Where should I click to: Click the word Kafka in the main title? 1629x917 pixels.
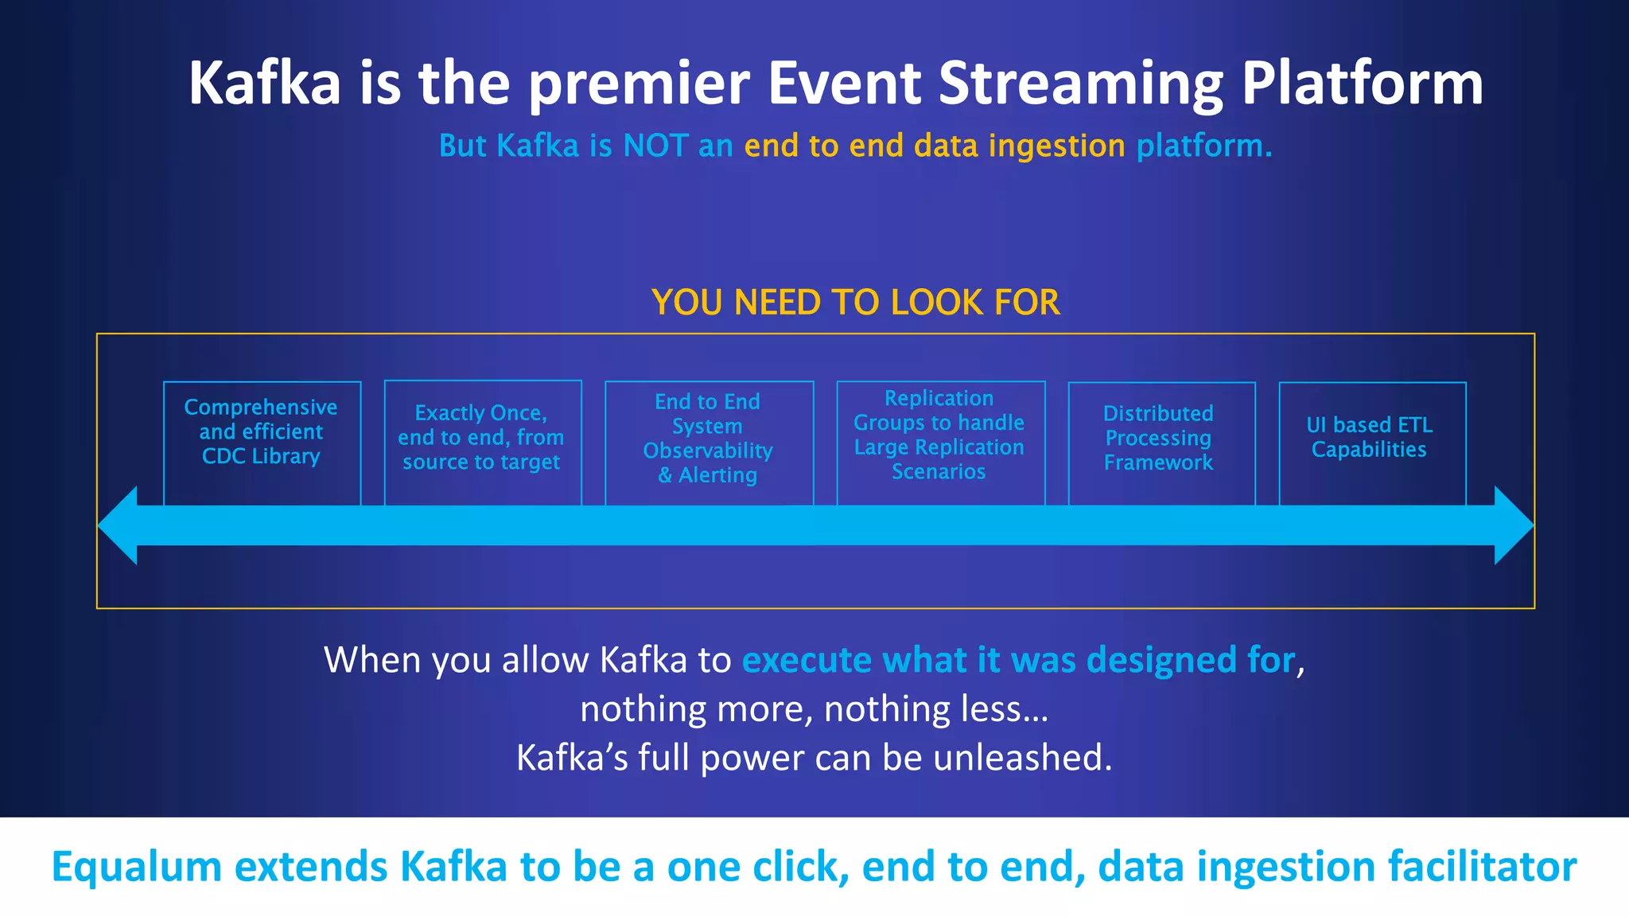[x=265, y=83]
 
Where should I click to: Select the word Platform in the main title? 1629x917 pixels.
[x=1362, y=83]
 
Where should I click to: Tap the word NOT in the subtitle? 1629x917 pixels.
[x=655, y=146]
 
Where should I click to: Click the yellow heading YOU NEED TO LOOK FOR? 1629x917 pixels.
[x=855, y=302]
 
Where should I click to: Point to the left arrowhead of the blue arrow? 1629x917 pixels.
[x=119, y=525]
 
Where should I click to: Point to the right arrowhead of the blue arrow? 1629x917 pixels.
[x=1513, y=525]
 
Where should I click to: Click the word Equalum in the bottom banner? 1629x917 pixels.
[x=136, y=867]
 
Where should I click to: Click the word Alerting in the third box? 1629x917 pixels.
[x=717, y=475]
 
